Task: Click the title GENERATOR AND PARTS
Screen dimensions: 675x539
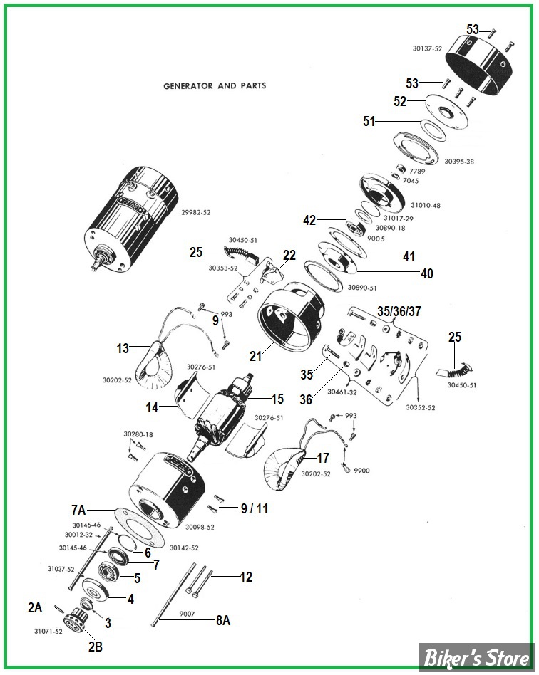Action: pos(215,85)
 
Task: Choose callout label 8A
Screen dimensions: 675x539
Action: pos(223,620)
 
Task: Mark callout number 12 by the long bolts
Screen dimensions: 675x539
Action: pos(245,577)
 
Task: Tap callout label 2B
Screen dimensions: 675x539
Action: pos(96,647)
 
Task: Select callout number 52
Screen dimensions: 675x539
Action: pos(400,102)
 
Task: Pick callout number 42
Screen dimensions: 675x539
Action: pos(309,221)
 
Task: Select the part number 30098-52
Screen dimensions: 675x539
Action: pos(200,528)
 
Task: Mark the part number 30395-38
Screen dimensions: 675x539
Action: pos(459,162)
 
